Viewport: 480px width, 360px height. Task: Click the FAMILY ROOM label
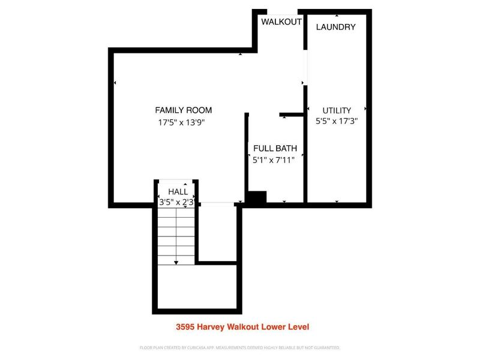[x=183, y=110]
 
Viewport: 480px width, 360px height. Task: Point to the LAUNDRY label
[x=335, y=27]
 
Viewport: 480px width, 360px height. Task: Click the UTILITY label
[x=336, y=110]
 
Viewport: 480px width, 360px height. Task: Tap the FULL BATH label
[x=275, y=148]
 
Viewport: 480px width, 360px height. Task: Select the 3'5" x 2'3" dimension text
[x=176, y=203]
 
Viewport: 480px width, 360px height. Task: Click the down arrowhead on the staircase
[x=176, y=262]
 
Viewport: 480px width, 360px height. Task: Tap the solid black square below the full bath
[x=257, y=198]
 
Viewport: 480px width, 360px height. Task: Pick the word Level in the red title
[x=298, y=327]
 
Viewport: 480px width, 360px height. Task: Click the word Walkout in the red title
[x=242, y=327]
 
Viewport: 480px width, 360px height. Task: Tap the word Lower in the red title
[x=272, y=327]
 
